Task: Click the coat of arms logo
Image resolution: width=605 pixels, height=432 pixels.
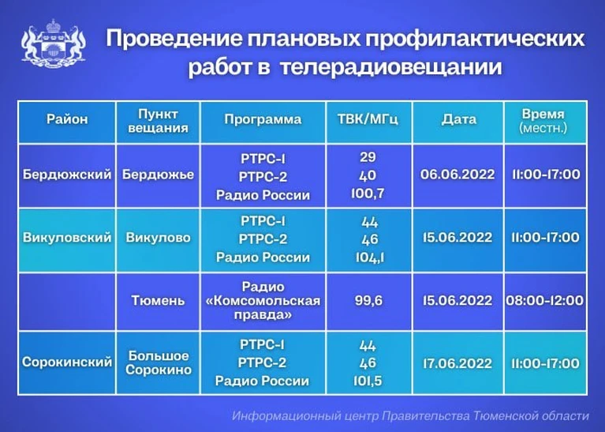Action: (54, 44)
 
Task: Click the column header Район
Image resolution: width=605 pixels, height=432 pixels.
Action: (67, 119)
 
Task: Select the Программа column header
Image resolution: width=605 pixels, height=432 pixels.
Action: (263, 119)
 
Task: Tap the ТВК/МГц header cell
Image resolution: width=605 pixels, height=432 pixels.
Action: (368, 119)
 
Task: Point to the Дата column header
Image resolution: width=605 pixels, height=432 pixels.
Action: (459, 119)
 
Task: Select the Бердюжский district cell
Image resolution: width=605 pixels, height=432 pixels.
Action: (67, 175)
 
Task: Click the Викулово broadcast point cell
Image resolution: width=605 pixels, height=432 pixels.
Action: (158, 237)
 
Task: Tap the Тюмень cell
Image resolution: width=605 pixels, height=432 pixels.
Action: (158, 300)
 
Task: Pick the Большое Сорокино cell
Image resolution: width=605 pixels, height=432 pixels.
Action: (159, 363)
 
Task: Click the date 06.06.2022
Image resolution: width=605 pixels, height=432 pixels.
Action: (457, 175)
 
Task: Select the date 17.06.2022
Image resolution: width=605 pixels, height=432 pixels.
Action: (457, 363)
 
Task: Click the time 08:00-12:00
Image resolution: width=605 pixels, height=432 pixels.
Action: (545, 300)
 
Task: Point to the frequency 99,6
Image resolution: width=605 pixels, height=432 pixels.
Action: (368, 300)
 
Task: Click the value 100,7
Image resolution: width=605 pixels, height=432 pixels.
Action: (368, 193)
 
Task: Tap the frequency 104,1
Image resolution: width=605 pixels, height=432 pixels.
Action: (370, 257)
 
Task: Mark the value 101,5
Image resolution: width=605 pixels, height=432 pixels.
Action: (368, 381)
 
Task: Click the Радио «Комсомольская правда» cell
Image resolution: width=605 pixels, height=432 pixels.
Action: (263, 301)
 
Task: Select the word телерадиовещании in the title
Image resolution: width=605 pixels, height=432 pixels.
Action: (391, 66)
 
